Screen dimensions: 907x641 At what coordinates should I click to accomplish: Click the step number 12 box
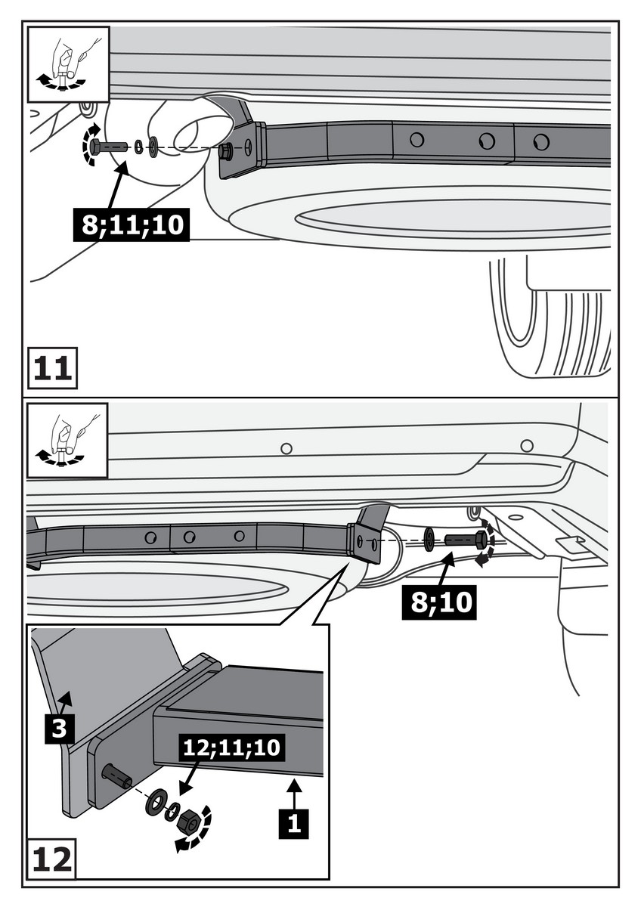(53, 859)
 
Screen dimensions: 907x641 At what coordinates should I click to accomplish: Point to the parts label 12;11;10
(231, 748)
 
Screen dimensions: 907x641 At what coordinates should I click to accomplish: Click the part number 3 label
(60, 729)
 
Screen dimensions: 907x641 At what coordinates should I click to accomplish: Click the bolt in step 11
(110, 146)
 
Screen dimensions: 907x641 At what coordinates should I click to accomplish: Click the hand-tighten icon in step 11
(68, 63)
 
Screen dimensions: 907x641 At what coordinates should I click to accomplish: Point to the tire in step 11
(552, 325)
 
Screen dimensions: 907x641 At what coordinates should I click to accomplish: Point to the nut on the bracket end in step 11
(225, 152)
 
